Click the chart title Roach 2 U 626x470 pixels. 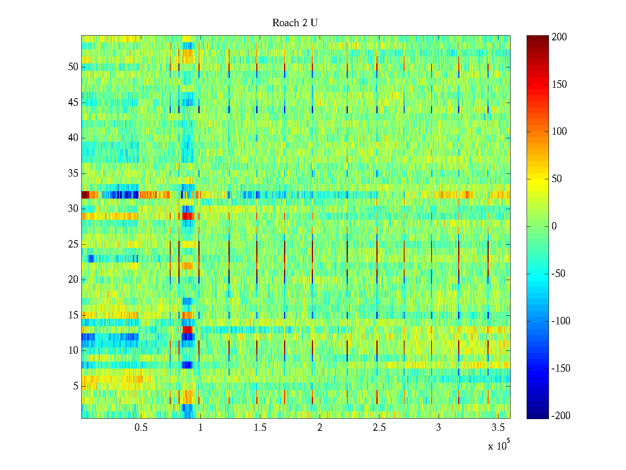295,23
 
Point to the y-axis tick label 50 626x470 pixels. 73,67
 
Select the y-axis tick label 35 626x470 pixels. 73,174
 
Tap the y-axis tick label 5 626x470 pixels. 76,386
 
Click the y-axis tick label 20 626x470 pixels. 73,280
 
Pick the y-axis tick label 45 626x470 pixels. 73,103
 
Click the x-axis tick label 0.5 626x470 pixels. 141,428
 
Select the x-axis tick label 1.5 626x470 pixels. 260,428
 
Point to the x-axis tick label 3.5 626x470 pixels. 498,428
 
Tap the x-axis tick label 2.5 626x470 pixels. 379,428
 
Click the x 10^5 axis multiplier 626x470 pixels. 499,446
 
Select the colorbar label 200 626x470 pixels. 559,37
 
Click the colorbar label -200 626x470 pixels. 561,416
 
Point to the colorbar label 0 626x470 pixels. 554,226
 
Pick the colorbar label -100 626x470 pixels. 561,321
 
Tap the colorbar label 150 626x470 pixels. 559,85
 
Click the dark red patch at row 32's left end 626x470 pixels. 85,195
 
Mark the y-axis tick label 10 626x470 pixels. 73,351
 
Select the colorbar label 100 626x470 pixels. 559,132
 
